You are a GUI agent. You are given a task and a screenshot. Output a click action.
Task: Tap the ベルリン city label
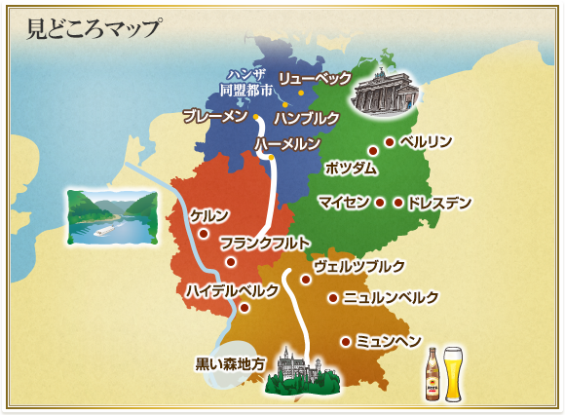(x=426, y=141)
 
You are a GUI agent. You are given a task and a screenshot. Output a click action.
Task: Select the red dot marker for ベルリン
(x=389, y=142)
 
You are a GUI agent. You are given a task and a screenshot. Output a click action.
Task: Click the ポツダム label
(x=350, y=169)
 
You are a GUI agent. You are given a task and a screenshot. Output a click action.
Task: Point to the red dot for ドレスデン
(x=397, y=203)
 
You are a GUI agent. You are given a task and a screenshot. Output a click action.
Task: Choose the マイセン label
(x=343, y=203)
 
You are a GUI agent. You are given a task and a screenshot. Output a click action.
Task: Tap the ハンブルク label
(x=306, y=118)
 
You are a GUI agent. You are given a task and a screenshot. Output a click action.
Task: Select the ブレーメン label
(x=215, y=116)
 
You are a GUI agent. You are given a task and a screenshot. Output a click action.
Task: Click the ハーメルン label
(x=287, y=144)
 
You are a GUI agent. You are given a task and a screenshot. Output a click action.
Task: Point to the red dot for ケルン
(x=204, y=233)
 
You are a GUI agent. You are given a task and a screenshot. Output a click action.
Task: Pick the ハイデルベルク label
(x=233, y=290)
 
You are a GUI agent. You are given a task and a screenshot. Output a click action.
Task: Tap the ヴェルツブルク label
(x=358, y=266)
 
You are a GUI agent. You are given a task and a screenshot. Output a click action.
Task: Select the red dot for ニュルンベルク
(x=333, y=298)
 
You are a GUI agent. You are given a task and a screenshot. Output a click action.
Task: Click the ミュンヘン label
(x=388, y=341)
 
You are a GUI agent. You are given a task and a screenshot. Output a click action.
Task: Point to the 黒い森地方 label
(x=230, y=364)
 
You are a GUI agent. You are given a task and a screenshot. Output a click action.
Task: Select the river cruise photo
(x=112, y=216)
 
